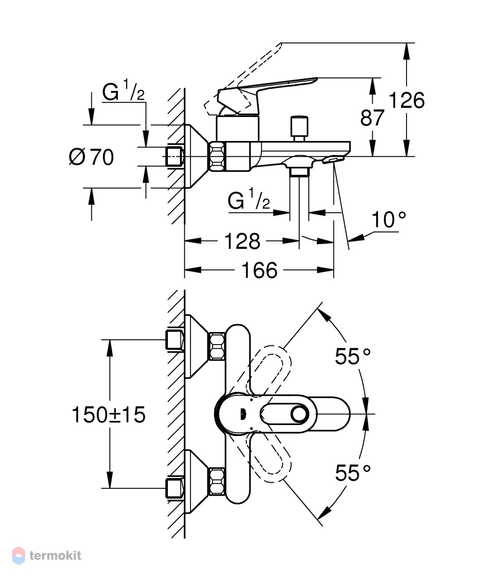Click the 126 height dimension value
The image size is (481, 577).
pos(406,100)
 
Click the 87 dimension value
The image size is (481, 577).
pos(372,118)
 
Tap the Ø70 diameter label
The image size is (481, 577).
pos(91,157)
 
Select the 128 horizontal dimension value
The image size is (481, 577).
pos(242,242)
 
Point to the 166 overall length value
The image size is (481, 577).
pos(259,270)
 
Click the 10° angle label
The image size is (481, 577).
pos(389,220)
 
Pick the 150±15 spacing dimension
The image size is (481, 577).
pos(109,415)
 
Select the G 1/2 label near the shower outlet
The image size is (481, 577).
pos(249,199)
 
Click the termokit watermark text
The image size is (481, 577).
pos(55,555)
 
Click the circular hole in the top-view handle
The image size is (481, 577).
pos(299,414)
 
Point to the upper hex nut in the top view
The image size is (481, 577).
pos(217,346)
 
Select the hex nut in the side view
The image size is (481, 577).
pos(217,157)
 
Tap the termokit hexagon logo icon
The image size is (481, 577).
pos(18,555)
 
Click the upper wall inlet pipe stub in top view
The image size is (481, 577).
pos(174,340)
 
